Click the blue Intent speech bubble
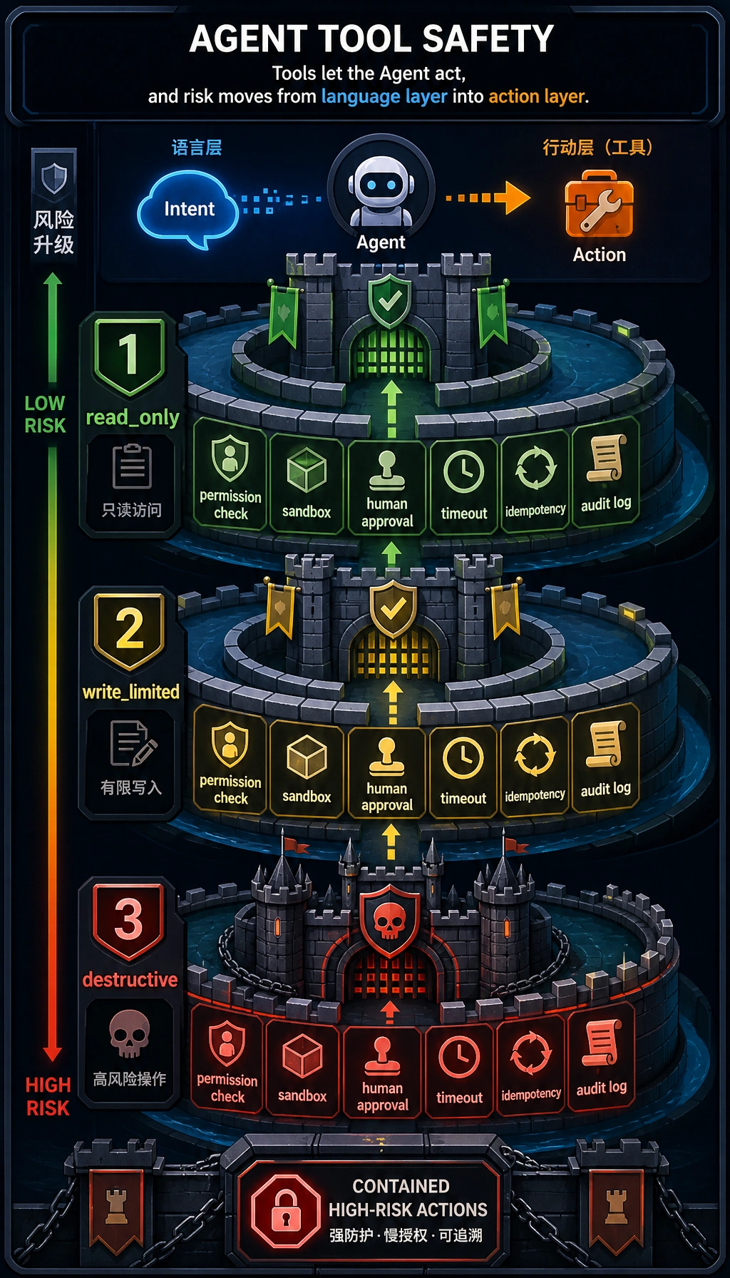pyautogui.click(x=187, y=208)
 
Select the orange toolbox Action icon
pyautogui.click(x=599, y=204)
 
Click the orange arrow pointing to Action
pyautogui.click(x=488, y=198)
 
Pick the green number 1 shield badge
pyautogui.click(x=129, y=357)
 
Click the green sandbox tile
pyautogui.click(x=307, y=484)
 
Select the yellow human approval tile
pyautogui.click(x=387, y=772)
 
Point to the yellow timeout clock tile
pyautogui.click(x=463, y=770)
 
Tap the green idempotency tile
pyautogui.click(x=535, y=481)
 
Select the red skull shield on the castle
pyautogui.click(x=389, y=921)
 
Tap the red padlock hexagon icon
pyautogui.click(x=286, y=1210)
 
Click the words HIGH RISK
pyautogui.click(x=48, y=1097)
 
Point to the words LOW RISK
pyautogui.click(x=45, y=414)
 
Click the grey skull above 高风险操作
pyautogui.click(x=129, y=1033)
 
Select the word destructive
pyautogui.click(x=130, y=980)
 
